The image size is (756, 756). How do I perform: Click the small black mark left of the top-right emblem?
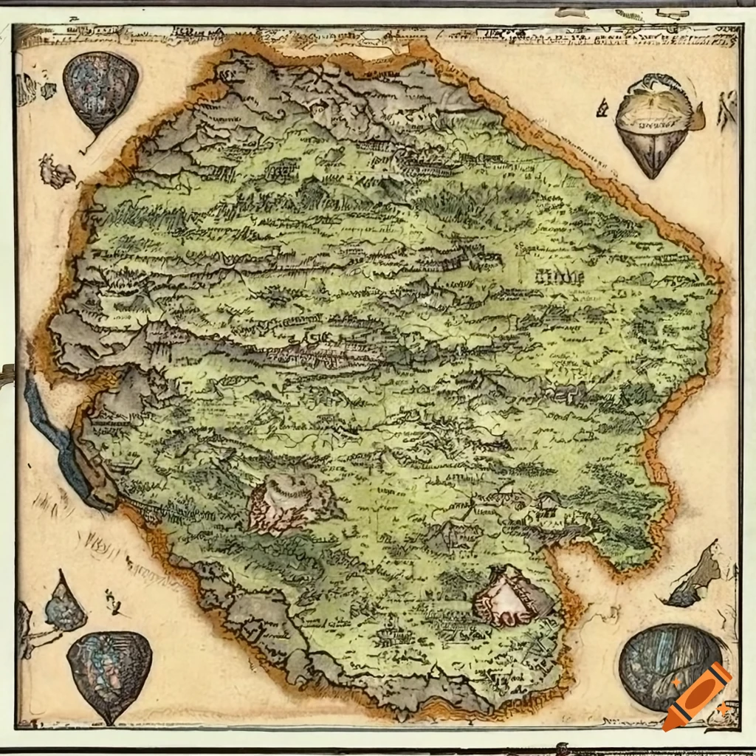pos(602,109)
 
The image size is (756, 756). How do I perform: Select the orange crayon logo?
pos(697,695)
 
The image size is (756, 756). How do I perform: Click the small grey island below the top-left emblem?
pos(56,172)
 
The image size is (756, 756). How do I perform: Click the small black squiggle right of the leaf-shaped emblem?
pos(113,602)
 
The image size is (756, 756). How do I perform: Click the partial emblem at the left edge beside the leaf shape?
pos(24,628)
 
